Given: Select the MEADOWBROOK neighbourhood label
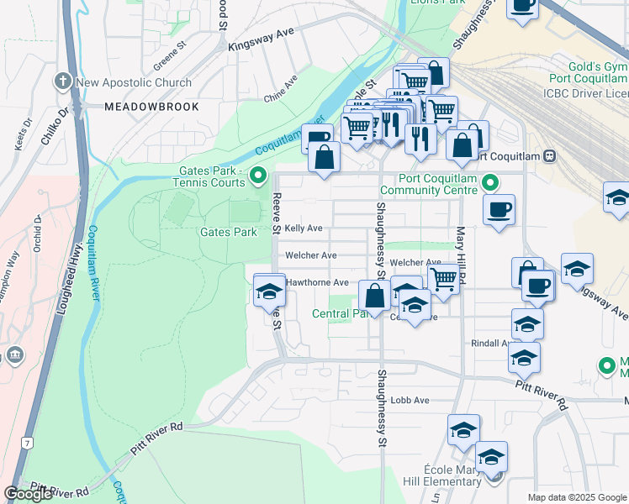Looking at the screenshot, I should (x=152, y=107).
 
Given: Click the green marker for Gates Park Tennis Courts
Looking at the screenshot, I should (x=259, y=176).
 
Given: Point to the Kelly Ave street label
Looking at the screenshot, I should (x=304, y=228).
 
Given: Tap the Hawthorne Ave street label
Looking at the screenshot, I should (x=317, y=283).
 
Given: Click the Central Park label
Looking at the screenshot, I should (x=341, y=314).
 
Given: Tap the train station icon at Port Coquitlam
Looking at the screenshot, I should (x=550, y=155).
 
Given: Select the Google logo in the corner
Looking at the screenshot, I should (x=28, y=494).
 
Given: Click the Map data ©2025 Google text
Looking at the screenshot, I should (x=576, y=497).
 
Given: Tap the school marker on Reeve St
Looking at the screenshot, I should (x=269, y=291).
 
